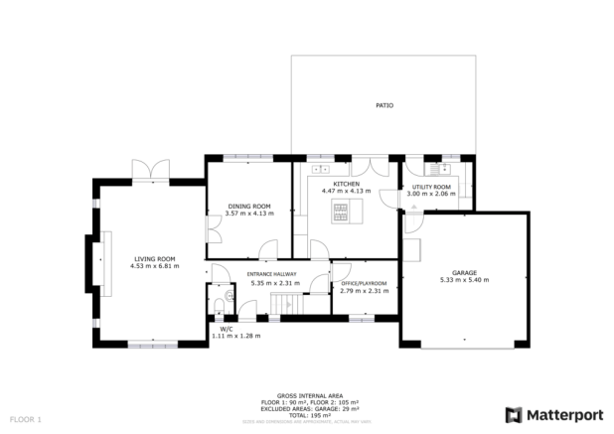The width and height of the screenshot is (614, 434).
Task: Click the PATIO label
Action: [x=383, y=104]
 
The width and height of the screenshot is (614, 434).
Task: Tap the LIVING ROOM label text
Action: [x=154, y=259]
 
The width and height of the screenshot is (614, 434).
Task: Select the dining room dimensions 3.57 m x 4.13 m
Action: [x=247, y=214]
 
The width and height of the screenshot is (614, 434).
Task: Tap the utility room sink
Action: [x=441, y=170]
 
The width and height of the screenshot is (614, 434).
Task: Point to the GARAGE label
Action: [x=464, y=272]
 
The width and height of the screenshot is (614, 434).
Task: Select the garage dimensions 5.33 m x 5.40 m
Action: [x=464, y=280]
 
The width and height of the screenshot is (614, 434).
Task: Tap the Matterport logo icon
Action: [x=513, y=415]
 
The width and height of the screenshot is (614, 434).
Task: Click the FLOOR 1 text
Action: [x=26, y=420]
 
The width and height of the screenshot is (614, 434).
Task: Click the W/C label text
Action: [x=226, y=329]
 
